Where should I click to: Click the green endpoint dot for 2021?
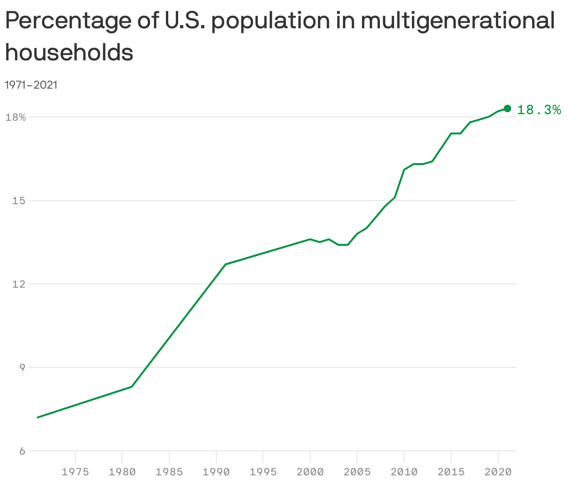click(x=508, y=108)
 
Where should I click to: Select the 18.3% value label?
click(x=539, y=110)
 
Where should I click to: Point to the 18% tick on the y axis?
click(x=15, y=117)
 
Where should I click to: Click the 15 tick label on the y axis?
click(x=19, y=201)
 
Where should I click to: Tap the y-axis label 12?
click(x=19, y=284)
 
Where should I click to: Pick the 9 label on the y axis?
click(x=22, y=368)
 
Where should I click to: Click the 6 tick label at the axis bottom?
click(x=22, y=451)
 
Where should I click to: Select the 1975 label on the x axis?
click(x=75, y=472)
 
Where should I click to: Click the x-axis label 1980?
click(x=122, y=472)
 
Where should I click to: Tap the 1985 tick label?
click(x=169, y=472)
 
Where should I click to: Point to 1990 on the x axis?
click(x=216, y=472)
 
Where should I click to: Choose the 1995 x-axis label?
click(x=263, y=472)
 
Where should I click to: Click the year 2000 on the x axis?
click(x=310, y=472)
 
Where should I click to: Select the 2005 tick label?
click(x=357, y=472)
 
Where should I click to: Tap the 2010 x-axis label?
click(x=404, y=472)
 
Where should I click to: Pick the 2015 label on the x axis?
click(x=451, y=472)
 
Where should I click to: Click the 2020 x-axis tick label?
click(x=498, y=472)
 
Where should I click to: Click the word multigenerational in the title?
click(x=457, y=21)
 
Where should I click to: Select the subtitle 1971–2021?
click(x=31, y=85)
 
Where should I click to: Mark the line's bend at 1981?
click(x=131, y=387)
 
